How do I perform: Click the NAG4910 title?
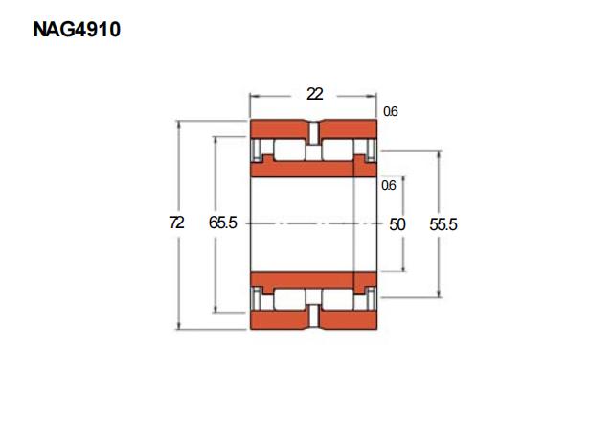[77, 30]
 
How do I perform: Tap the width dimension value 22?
[315, 94]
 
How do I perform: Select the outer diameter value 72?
[176, 223]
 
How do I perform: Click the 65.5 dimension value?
[223, 223]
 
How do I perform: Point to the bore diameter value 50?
[397, 224]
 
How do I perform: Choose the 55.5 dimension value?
[443, 224]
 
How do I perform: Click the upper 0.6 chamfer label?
[391, 111]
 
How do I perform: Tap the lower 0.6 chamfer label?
[389, 185]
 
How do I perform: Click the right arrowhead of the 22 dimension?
[372, 96]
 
